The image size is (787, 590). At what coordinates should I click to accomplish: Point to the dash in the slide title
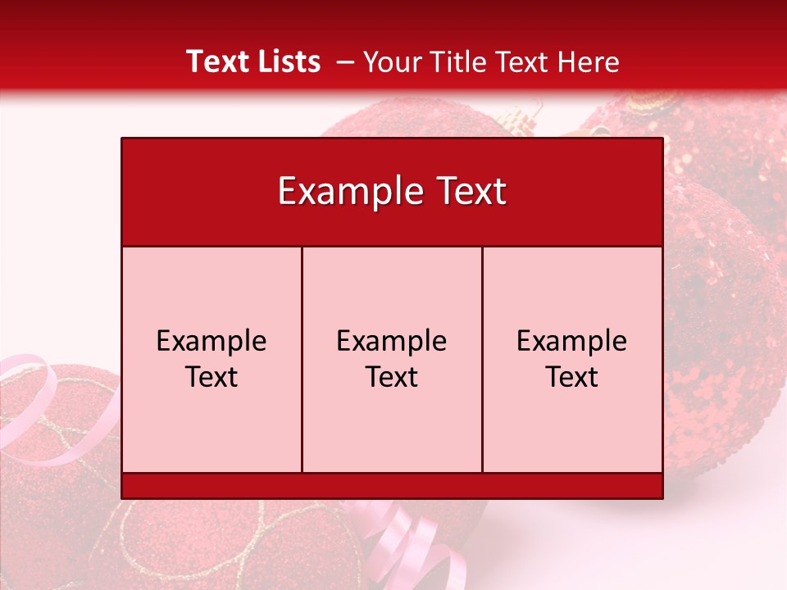tap(345, 62)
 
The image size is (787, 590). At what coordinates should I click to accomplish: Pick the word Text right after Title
tap(525, 62)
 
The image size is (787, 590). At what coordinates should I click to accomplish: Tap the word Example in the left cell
tap(212, 341)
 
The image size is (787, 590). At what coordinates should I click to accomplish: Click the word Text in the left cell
tap(212, 377)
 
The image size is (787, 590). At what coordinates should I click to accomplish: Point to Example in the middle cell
tap(392, 341)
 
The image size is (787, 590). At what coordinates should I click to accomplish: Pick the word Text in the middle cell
tap(392, 377)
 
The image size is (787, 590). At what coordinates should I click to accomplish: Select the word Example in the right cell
tap(572, 341)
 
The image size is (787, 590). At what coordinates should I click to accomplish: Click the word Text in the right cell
tap(572, 377)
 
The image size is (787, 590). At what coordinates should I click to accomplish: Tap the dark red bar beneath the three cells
tap(392, 486)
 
